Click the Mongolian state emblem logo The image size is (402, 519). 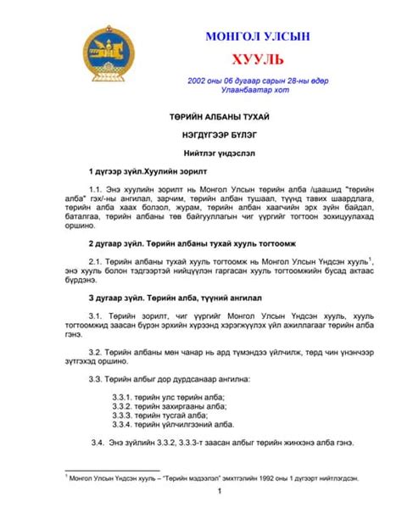tap(106, 53)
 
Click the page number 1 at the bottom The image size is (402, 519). tap(220, 491)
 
